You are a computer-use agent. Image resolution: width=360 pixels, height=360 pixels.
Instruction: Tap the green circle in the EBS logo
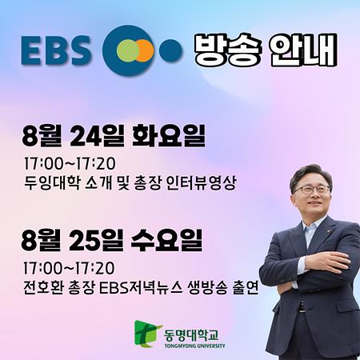click(x=120, y=50)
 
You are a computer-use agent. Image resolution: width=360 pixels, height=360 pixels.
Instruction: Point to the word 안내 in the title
click(x=304, y=50)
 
